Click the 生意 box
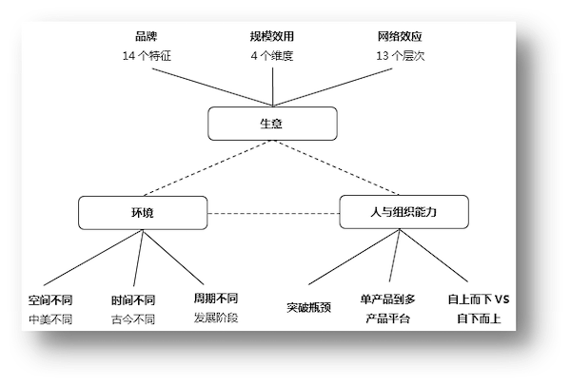coord(272,124)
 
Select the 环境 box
coord(143,213)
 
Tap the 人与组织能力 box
coord(404,212)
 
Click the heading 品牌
coord(146,36)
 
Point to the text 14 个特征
coord(147,56)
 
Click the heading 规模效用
coord(272,36)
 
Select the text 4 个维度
coord(272,56)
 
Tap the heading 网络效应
coord(400,36)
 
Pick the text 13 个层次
coord(401,56)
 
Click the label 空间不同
coord(50,300)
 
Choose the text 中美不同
coord(50,319)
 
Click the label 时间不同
coord(133,300)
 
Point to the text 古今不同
coord(133,319)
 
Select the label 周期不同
coord(216,299)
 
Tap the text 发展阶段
coord(216,318)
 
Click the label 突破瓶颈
coord(308,308)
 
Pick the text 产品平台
coord(388,318)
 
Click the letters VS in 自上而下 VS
coord(502,299)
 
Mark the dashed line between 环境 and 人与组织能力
coord(273,213)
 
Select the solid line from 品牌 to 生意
coord(212,87)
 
